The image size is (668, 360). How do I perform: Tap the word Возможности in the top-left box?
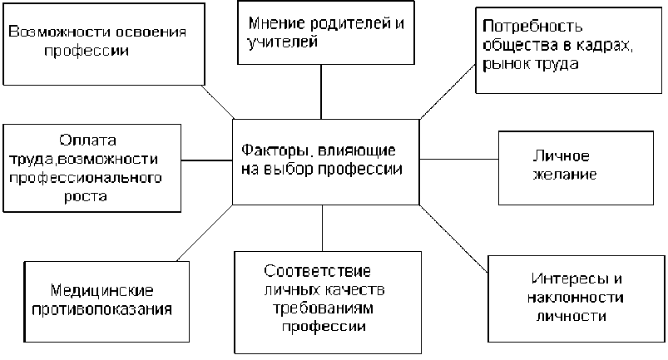coord(51,31)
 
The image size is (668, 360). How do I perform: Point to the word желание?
coord(562,176)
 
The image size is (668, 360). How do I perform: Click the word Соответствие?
coord(317,272)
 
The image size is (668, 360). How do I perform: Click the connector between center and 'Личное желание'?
coord(458,162)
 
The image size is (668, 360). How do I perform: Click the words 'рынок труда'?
coord(529,63)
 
